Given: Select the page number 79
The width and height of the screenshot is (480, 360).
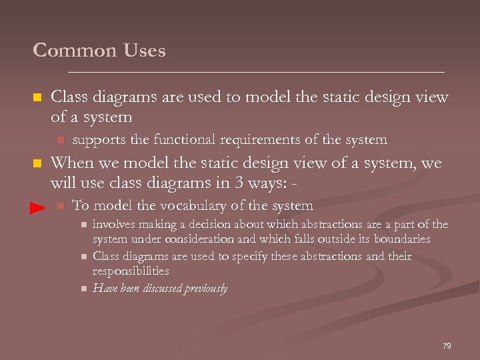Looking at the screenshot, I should click(447, 346).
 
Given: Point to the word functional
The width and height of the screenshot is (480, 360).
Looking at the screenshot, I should click(179, 140).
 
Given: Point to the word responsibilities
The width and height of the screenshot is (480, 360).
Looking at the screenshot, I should click(131, 271).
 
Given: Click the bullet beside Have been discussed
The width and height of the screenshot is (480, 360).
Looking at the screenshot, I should click(83, 289).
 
